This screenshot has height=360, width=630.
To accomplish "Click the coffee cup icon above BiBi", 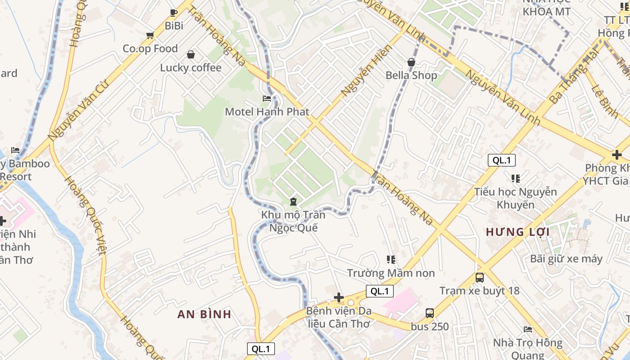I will [x=174, y=13].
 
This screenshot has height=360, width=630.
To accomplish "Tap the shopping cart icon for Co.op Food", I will [x=150, y=35].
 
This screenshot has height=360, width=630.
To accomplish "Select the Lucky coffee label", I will [x=191, y=67].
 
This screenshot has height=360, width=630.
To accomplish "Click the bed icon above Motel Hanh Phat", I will [x=267, y=98].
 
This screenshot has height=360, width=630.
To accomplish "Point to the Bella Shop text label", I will [x=411, y=75].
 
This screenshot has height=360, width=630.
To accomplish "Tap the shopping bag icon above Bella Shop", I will [x=411, y=62].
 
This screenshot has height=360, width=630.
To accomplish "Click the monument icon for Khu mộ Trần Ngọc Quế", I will [x=293, y=202].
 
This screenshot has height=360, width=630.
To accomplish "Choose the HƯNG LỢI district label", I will [x=517, y=232].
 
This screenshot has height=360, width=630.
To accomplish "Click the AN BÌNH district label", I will [x=204, y=314].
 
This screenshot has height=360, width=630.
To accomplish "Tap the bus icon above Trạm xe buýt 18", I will [x=480, y=277].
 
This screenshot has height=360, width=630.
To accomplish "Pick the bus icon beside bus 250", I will [x=430, y=313].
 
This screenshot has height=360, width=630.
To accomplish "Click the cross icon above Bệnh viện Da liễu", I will [x=339, y=297].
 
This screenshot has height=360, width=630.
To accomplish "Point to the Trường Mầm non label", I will [x=391, y=273].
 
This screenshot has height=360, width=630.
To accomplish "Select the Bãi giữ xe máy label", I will [x=566, y=258].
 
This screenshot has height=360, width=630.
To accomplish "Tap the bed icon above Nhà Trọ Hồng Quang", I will [x=528, y=329].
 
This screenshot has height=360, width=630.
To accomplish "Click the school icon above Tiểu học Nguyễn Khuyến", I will [x=516, y=179].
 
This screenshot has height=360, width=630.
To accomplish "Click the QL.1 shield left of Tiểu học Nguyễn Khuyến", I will [x=501, y=160].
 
